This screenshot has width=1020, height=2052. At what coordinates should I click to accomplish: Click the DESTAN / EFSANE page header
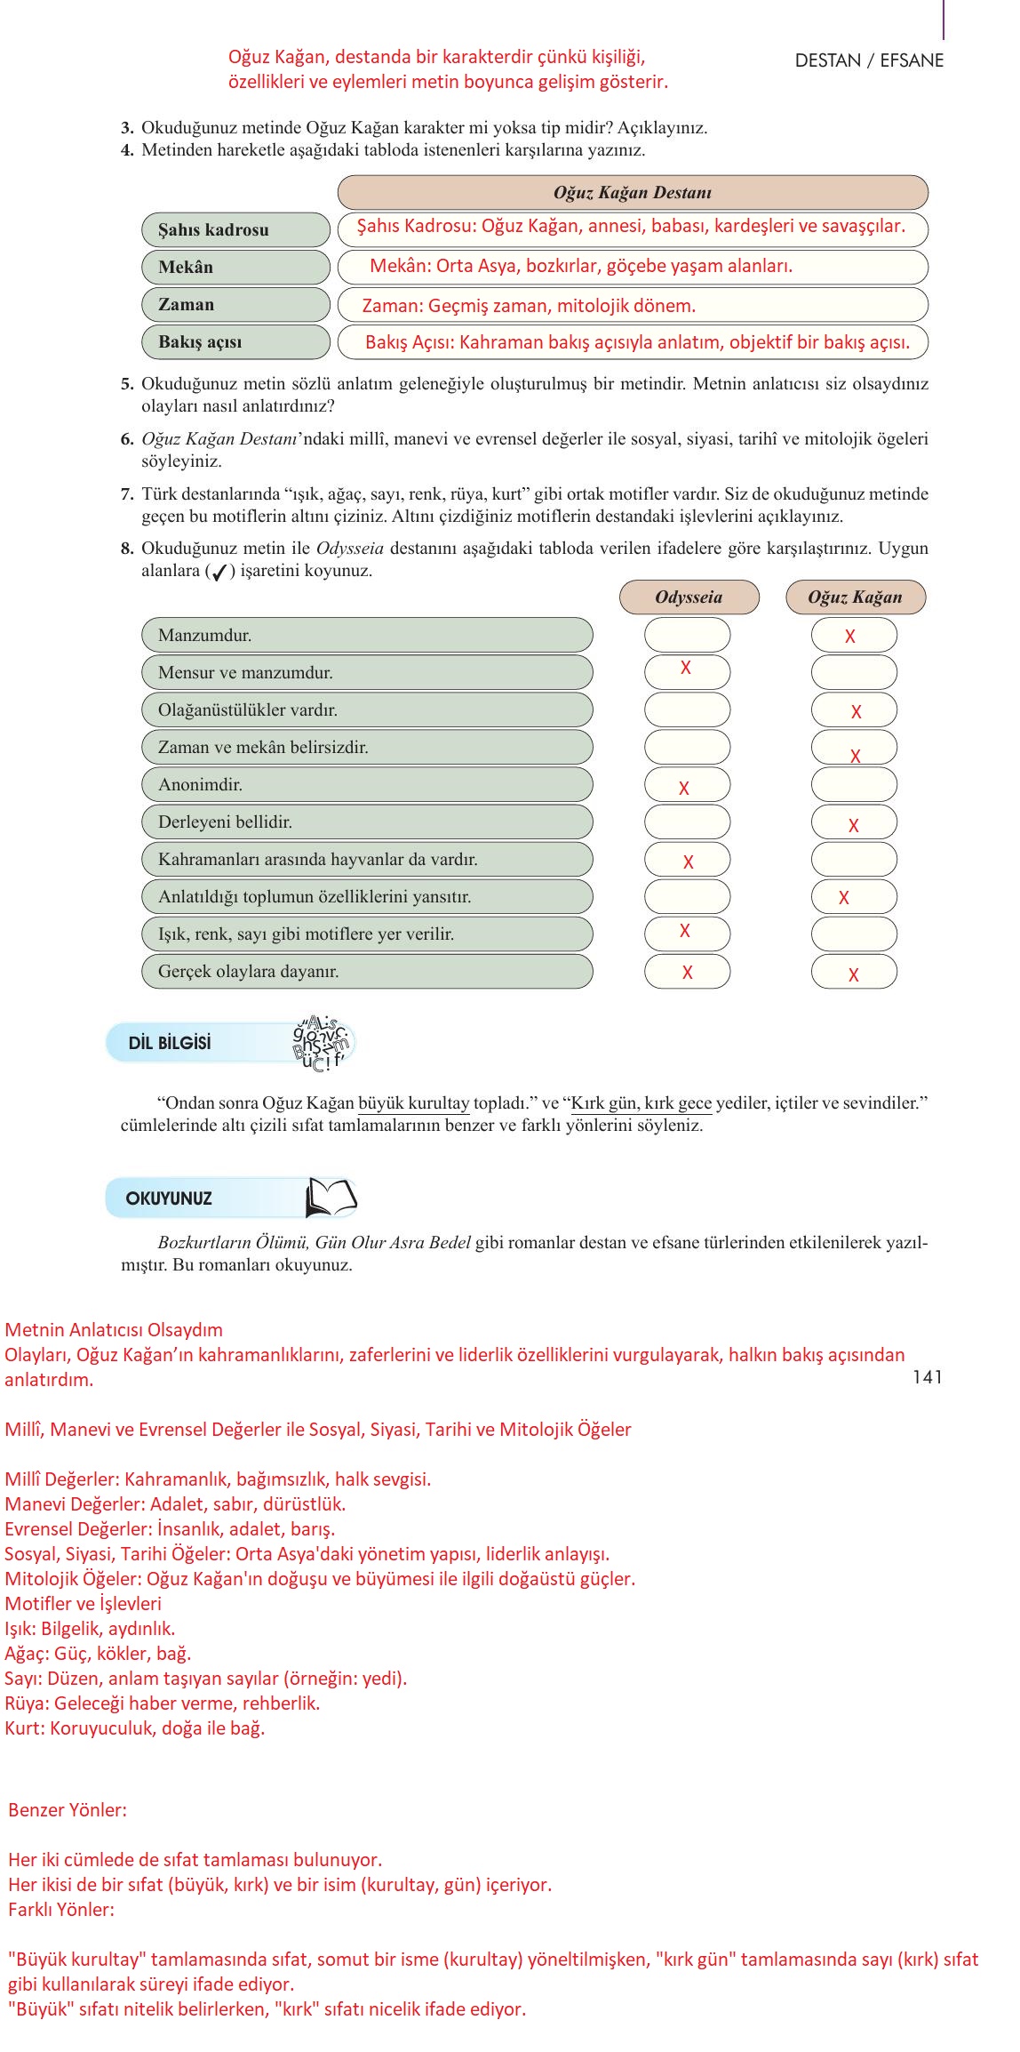point(868,60)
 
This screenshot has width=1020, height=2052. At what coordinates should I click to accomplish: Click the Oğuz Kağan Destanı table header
point(632,192)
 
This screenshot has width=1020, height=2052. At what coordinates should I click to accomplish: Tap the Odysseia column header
point(689,597)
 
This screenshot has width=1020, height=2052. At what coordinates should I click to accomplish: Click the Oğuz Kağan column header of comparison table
point(855,597)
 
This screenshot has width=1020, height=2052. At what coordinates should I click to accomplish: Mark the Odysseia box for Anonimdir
point(687,785)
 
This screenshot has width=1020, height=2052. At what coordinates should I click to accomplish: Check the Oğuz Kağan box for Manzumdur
point(853,636)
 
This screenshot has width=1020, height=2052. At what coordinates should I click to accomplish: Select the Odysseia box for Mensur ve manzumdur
point(687,672)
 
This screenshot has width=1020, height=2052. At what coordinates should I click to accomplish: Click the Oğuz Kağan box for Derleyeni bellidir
point(853,822)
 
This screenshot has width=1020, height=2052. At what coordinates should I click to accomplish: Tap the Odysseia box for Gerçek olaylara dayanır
point(687,972)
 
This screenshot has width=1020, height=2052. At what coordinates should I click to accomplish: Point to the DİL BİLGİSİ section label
point(170,1043)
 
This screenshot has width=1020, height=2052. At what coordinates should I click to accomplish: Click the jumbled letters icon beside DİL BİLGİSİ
point(323,1043)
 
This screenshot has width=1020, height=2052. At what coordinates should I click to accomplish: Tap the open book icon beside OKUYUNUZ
point(331,1198)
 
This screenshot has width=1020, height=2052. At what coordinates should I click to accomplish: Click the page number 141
point(927,1377)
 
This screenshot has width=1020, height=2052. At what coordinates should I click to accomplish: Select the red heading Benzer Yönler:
point(68,1809)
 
